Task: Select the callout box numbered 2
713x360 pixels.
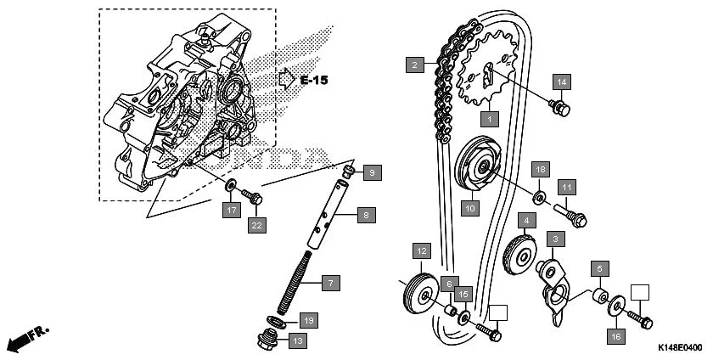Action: pyautogui.click(x=413, y=65)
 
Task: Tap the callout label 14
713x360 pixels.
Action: pyautogui.click(x=561, y=82)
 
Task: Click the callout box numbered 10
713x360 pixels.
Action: pyautogui.click(x=469, y=205)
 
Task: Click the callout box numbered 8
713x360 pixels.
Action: pyautogui.click(x=366, y=216)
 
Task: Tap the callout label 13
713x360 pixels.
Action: pyautogui.click(x=297, y=341)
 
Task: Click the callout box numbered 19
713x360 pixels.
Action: pyautogui.click(x=308, y=320)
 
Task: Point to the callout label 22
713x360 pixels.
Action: pyautogui.click(x=256, y=225)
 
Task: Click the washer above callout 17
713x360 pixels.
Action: pyautogui.click(x=231, y=186)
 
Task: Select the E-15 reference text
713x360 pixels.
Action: pyautogui.click(x=313, y=80)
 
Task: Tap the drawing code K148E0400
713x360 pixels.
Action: pyautogui.click(x=679, y=348)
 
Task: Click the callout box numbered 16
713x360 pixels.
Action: pyautogui.click(x=615, y=336)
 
